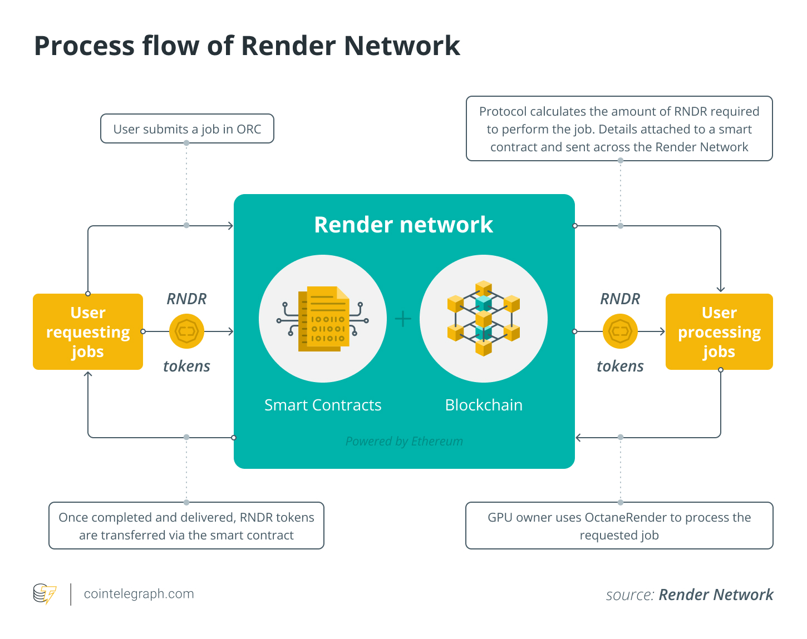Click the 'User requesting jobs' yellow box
pyautogui.click(x=88, y=332)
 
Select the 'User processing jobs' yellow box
pyautogui.click(x=719, y=332)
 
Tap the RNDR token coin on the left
pyautogui.click(x=186, y=331)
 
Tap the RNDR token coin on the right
pyautogui.click(x=620, y=331)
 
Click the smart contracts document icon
pyautogui.click(x=323, y=319)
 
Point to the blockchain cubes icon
pyautogui.click(x=483, y=319)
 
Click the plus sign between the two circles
pyautogui.click(x=403, y=319)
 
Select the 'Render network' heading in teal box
pyautogui.click(x=404, y=225)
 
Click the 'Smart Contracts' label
pyautogui.click(x=323, y=405)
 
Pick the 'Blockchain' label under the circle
pyautogui.click(x=484, y=405)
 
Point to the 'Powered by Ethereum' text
pyautogui.click(x=404, y=441)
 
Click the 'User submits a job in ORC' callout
pyautogui.click(x=187, y=129)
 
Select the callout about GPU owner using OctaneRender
pyautogui.click(x=619, y=526)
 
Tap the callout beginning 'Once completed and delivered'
pyautogui.click(x=186, y=526)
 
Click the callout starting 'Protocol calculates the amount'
pyautogui.click(x=619, y=129)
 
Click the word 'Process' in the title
pyautogui.click(x=83, y=46)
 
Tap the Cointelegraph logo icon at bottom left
pyautogui.click(x=45, y=594)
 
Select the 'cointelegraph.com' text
pyautogui.click(x=139, y=594)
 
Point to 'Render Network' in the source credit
pyautogui.click(x=716, y=595)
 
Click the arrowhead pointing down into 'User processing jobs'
pyautogui.click(x=721, y=289)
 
